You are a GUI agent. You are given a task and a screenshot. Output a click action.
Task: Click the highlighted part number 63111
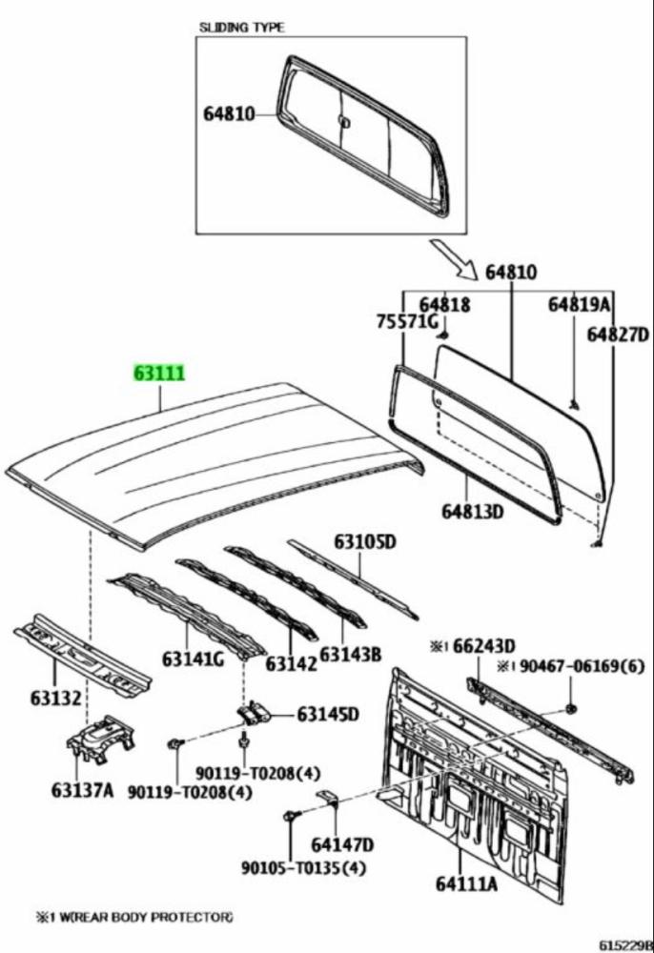[158, 375]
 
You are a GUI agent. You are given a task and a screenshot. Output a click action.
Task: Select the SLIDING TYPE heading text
[241, 28]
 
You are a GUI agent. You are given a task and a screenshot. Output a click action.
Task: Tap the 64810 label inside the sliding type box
[229, 115]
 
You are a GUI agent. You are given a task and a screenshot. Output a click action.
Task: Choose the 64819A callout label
[578, 304]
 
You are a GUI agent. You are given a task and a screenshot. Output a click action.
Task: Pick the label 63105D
[364, 542]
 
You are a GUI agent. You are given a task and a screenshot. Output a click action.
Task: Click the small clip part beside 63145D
[254, 714]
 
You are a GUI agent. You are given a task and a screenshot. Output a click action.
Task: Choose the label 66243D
[479, 646]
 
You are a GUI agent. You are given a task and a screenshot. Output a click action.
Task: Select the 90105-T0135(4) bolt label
[303, 868]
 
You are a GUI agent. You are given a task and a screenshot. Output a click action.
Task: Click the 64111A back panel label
[467, 884]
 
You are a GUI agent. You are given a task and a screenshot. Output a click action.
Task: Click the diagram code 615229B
[625, 944]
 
